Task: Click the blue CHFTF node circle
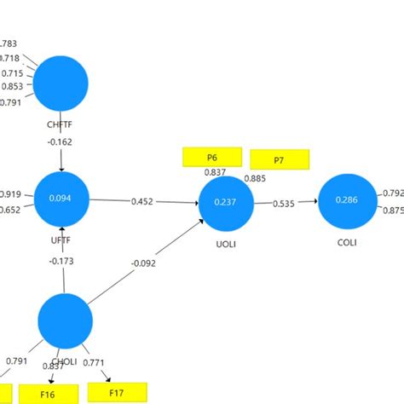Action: (61, 83)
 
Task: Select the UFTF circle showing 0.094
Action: (61, 199)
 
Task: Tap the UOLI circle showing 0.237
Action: (226, 203)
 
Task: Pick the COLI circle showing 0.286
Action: (346, 200)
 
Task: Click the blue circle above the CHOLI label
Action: (65, 320)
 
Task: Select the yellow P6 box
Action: (211, 158)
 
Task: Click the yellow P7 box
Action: (279, 159)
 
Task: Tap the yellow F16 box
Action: (48, 395)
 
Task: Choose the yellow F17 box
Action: (117, 393)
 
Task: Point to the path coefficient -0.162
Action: (61, 142)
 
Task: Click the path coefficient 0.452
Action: (142, 202)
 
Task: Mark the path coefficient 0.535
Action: (285, 205)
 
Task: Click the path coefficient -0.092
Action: (145, 263)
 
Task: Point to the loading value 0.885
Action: (255, 179)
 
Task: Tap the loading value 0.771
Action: (94, 363)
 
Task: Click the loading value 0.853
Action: (12, 87)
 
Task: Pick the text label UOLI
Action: (226, 243)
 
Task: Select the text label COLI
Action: (346, 242)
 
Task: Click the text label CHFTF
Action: (61, 125)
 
